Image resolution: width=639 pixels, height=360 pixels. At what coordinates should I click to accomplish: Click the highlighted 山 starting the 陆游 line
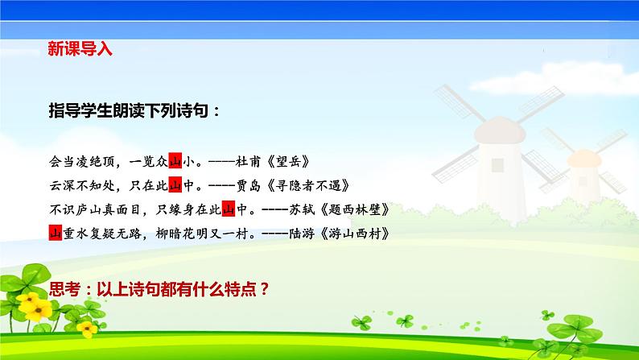click(56, 234)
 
